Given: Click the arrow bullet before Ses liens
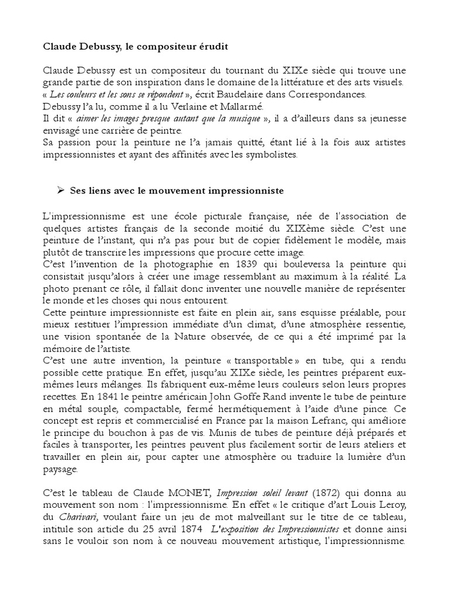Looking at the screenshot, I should tap(60, 191).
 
